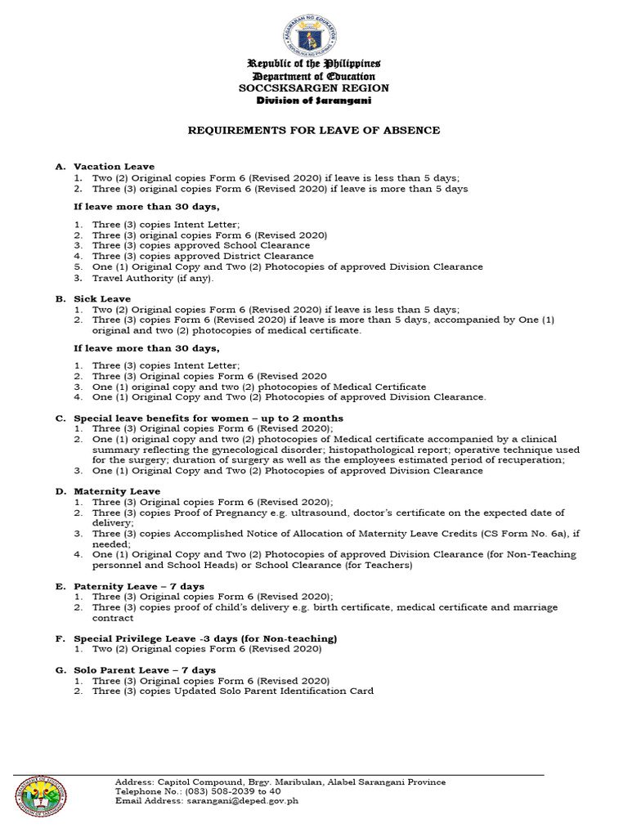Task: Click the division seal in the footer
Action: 42,794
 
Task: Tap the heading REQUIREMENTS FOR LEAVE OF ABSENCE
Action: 315,130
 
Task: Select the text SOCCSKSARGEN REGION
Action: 315,87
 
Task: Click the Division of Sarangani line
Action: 315,100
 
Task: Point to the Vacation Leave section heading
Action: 114,166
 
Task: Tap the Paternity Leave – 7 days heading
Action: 139,586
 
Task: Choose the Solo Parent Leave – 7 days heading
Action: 145,669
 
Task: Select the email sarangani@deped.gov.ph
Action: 240,801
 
